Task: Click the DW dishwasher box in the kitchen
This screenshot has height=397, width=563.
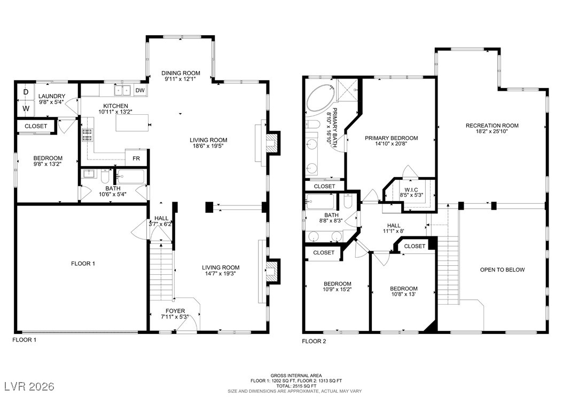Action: coord(140,90)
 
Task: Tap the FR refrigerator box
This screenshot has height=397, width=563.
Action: coord(136,158)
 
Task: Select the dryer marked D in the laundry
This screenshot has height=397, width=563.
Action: coord(26,92)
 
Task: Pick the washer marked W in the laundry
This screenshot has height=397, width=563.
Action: coord(26,108)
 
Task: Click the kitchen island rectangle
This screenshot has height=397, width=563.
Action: coord(132,123)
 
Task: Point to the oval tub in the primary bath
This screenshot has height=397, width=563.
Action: coord(321,98)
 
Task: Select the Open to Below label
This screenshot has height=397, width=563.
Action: coord(502,269)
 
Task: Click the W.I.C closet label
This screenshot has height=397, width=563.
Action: coord(411,190)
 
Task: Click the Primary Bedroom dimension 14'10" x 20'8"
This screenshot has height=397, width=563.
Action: coord(391,144)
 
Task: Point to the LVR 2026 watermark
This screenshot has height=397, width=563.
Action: coord(29,386)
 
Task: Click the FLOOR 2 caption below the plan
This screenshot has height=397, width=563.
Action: coord(314,341)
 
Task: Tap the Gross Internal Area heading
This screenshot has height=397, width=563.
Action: coord(296,376)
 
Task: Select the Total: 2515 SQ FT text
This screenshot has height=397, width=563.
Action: coord(296,386)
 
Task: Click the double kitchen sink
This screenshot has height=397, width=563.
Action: coord(123,90)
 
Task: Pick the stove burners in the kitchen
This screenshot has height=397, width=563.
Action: coord(87,134)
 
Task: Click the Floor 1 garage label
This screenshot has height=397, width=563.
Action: coord(83,264)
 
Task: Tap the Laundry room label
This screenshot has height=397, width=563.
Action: coord(52,96)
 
